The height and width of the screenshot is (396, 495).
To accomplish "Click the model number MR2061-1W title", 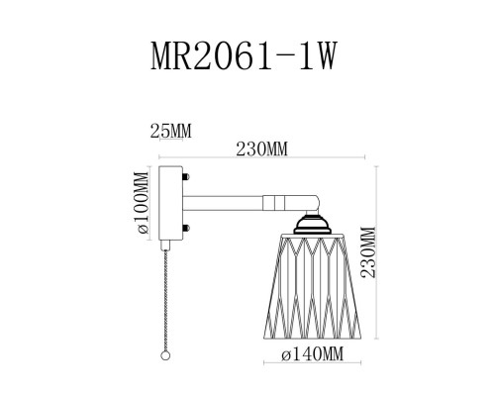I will click(x=247, y=56).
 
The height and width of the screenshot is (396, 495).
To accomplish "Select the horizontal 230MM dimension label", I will click(x=264, y=148).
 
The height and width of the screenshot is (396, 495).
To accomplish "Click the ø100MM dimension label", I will click(x=143, y=203).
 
